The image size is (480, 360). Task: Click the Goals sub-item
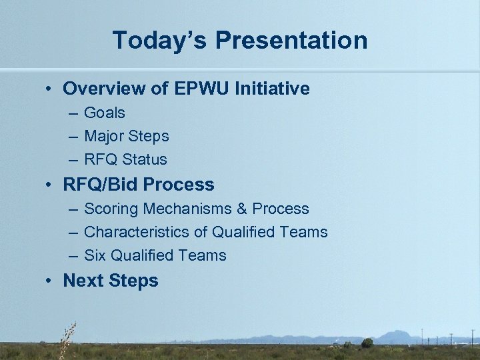pyautogui.click(x=105, y=113)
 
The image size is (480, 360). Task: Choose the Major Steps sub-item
pyautogui.click(x=127, y=137)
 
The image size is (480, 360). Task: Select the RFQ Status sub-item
pyautogui.click(x=125, y=160)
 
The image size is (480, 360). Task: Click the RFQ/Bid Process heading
pyautogui.click(x=139, y=185)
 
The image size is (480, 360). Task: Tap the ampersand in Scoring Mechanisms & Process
pyautogui.click(x=242, y=209)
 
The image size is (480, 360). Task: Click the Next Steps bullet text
pyautogui.click(x=111, y=281)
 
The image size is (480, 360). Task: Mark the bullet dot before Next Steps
pyautogui.click(x=51, y=281)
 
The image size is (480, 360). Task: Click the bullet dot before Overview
pyautogui.click(x=51, y=89)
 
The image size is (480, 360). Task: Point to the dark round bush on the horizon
pyautogui.click(x=367, y=343)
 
